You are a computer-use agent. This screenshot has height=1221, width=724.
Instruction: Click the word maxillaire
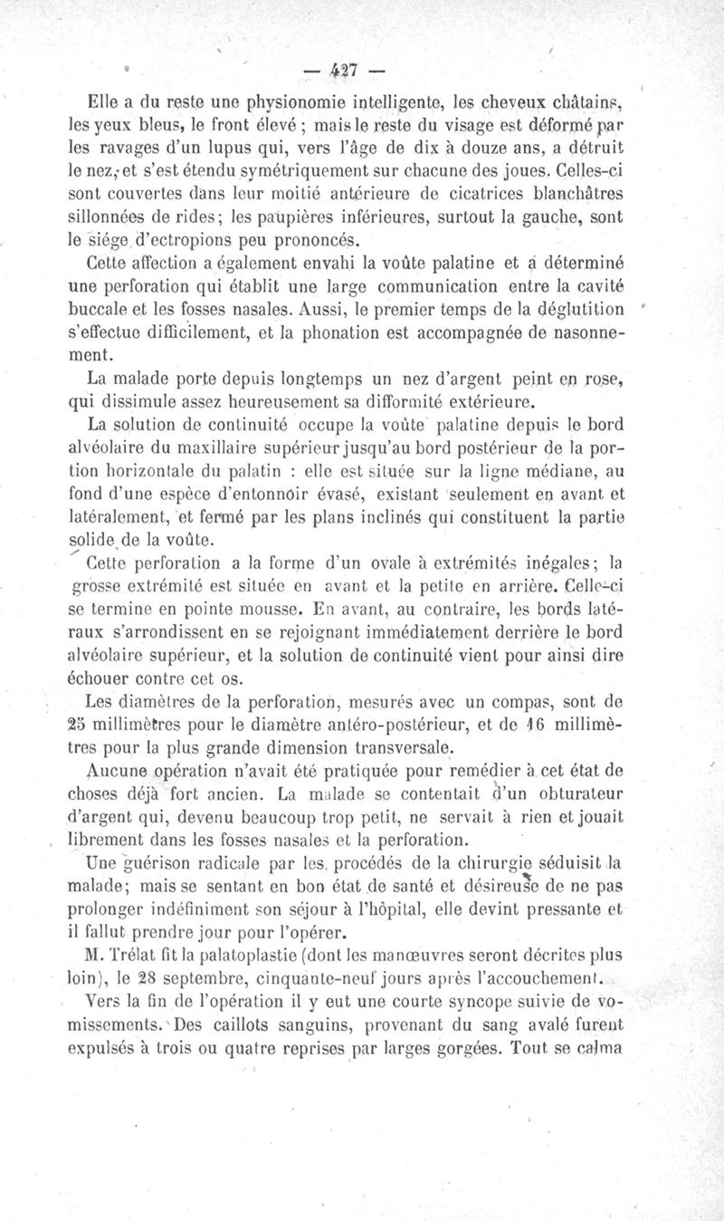[x=195, y=447]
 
